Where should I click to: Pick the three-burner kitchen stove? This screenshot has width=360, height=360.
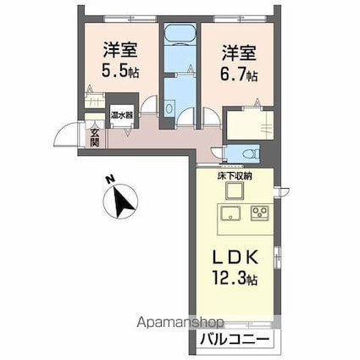click(258, 212)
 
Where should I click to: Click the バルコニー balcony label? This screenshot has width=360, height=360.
click(234, 341)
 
